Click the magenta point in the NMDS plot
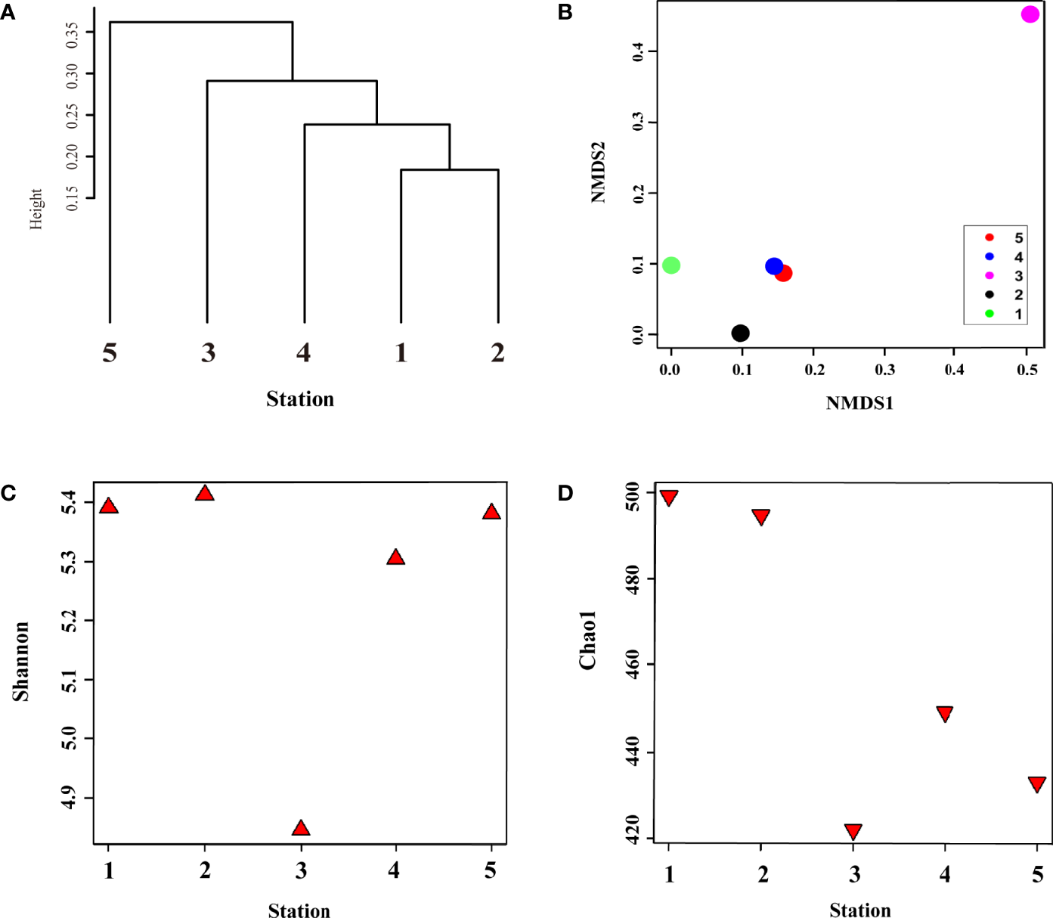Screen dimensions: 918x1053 point(1030,14)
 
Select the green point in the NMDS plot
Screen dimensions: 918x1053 point(671,265)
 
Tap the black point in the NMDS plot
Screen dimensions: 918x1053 point(741,333)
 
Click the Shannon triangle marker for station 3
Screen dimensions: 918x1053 point(301,828)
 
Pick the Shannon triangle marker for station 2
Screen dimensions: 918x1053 point(204,494)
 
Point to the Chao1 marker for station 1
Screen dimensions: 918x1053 point(669,498)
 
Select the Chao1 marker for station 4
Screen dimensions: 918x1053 point(944,714)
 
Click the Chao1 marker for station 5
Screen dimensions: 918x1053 point(1037,784)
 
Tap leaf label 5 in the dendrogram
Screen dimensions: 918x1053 point(110,352)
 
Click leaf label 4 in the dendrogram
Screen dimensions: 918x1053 point(304,352)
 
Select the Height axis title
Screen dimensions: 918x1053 point(36,209)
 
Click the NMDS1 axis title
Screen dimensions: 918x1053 point(859,403)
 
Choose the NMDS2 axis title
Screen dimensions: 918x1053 point(598,173)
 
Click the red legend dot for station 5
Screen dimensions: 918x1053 point(990,237)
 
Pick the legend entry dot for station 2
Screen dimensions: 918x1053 point(990,295)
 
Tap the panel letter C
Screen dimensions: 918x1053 point(8,494)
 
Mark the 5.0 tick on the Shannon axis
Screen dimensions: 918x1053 point(69,738)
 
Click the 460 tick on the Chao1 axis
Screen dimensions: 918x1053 point(632,665)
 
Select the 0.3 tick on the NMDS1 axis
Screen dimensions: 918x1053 point(885,370)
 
